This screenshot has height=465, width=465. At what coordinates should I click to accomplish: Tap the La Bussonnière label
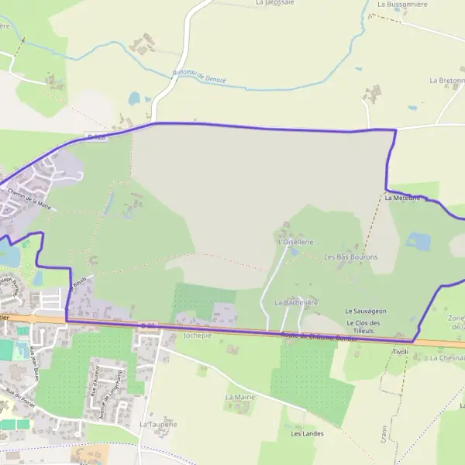pyautogui.click(x=403, y=4)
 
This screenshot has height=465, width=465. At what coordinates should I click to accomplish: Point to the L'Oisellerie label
pyautogui.click(x=295, y=242)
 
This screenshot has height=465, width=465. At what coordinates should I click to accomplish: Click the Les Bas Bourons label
pyautogui.click(x=350, y=257)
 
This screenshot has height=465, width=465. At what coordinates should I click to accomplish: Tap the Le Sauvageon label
pyautogui.click(x=366, y=311)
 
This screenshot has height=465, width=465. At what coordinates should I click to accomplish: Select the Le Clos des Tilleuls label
pyautogui.click(x=363, y=326)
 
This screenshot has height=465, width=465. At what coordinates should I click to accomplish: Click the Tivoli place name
pyautogui.click(x=400, y=352)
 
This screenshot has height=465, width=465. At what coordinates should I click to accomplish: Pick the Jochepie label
pyautogui.click(x=197, y=336)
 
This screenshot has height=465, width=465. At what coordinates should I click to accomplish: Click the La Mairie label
pyautogui.click(x=239, y=396)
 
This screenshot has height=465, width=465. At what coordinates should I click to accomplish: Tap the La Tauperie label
pyautogui.click(x=158, y=425)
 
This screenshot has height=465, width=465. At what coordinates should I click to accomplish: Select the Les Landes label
pyautogui.click(x=307, y=433)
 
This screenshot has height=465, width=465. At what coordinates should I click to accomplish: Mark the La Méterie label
pyautogui.click(x=402, y=198)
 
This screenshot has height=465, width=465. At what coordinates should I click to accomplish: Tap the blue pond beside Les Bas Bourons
pyautogui.click(x=418, y=242)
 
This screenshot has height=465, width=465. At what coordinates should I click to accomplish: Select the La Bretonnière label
pyautogui.click(x=446, y=80)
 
